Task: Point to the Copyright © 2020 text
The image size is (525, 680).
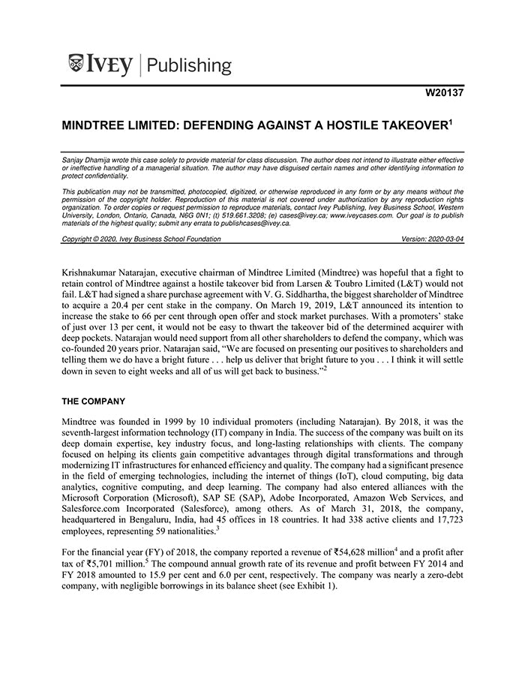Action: [x=92, y=239]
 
